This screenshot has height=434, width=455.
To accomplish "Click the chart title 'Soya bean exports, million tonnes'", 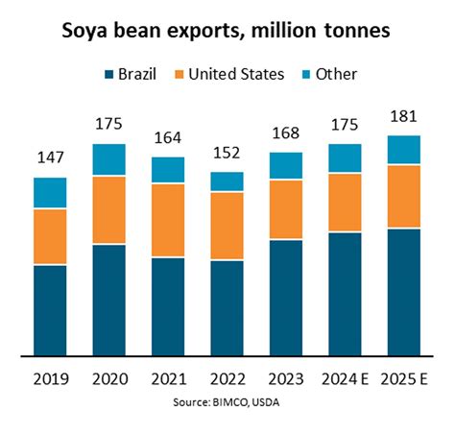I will [227, 31].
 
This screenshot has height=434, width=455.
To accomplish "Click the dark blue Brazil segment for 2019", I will [50, 309].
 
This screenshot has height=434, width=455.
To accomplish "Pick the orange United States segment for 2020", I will [109, 209].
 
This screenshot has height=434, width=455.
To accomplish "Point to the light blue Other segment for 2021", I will [168, 170].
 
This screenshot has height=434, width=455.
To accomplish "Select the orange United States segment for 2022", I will [227, 226].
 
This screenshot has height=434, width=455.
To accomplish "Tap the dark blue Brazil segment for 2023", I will [286, 297].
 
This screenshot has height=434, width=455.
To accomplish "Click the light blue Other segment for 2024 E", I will [345, 157].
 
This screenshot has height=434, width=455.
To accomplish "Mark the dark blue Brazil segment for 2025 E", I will [403, 292].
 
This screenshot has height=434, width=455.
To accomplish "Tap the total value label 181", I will [403, 117].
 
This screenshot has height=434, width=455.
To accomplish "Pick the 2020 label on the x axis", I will [109, 378].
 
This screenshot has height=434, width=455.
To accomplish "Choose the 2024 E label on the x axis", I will [345, 378].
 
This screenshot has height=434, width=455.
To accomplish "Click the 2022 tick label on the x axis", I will [227, 378].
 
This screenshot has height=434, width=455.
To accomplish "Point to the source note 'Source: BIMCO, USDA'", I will [227, 400].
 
